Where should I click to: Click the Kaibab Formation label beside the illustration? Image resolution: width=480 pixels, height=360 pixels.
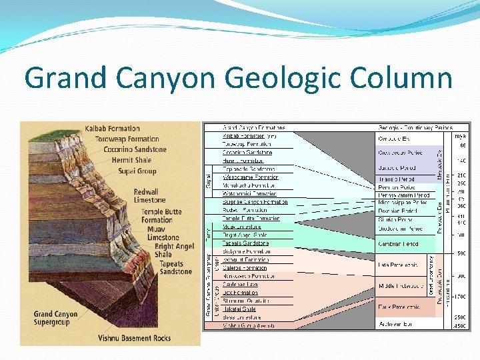(x=112, y=129)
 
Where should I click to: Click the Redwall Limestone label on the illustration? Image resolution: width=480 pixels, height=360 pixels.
(x=149, y=195)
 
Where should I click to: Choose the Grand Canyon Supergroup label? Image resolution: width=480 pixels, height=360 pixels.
(x=55, y=318)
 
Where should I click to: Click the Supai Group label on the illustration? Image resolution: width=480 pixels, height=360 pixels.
(x=138, y=171)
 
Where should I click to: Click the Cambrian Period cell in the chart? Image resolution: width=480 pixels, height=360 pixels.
(x=398, y=244)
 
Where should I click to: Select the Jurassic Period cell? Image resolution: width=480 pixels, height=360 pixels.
(x=397, y=168)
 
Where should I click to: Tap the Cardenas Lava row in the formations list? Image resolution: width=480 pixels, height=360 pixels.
(x=240, y=284)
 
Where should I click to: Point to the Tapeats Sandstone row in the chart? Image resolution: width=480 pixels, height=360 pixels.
(x=246, y=243)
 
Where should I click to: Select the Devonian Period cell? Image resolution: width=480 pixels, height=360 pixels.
(x=397, y=211)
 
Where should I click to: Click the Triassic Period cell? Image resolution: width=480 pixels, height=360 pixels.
(x=397, y=179)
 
